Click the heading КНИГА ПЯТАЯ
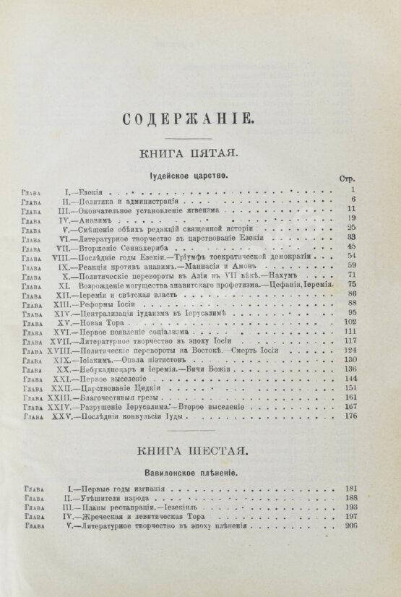pyautogui.click(x=184, y=153)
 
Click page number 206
pyautogui.click(x=352, y=527)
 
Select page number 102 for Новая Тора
pyautogui.click(x=352, y=322)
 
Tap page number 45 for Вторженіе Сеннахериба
pyautogui.click(x=353, y=246)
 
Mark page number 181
pyautogui.click(x=352, y=489)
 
